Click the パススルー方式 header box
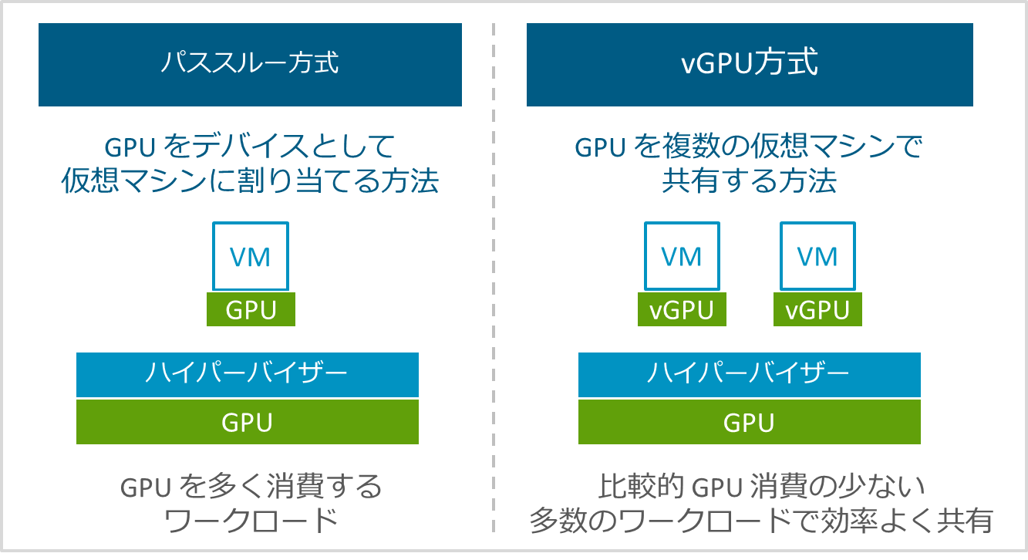tap(250, 64)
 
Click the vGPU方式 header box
tap(750, 64)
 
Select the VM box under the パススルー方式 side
tap(251, 256)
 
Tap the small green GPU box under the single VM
tap(251, 309)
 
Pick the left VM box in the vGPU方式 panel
tap(682, 256)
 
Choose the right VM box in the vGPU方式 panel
tap(817, 256)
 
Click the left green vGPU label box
tap(682, 310)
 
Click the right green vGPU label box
tap(817, 310)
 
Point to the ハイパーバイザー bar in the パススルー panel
tap(247, 375)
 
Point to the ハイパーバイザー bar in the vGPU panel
tap(749, 375)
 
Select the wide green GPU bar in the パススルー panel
tap(247, 422)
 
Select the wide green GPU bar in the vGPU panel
tap(749, 422)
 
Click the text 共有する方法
tap(749, 181)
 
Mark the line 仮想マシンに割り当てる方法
tap(250, 181)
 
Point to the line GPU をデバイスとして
tap(250, 146)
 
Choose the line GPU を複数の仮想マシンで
tap(749, 146)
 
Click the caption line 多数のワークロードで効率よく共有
tap(760, 521)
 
